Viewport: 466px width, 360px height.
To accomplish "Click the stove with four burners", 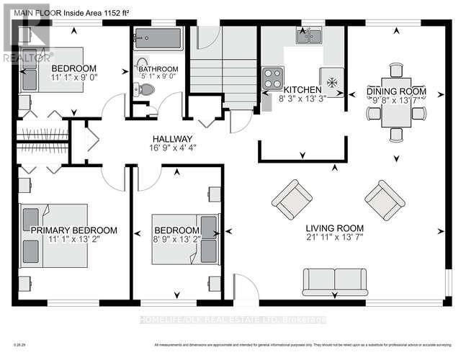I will [x=273, y=76].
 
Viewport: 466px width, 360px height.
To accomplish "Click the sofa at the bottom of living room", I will [x=333, y=282].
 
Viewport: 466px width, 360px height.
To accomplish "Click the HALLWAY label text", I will [x=171, y=139].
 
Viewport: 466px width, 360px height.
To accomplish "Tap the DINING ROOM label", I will [x=395, y=91].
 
